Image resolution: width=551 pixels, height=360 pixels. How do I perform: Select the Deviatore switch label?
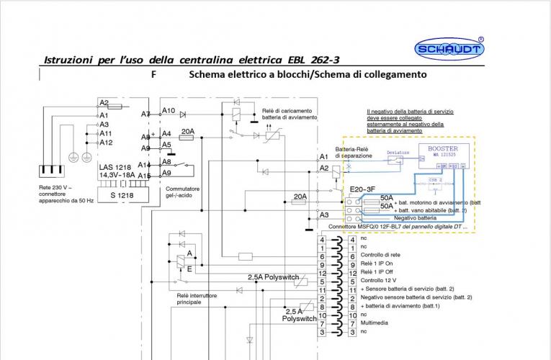(398, 153)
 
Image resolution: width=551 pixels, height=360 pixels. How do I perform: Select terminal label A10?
(169, 111)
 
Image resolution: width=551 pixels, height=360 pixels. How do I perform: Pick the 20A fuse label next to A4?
(187, 131)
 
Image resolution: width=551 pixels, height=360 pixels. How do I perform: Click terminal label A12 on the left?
(105, 143)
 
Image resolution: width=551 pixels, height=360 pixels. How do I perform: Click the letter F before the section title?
(154, 75)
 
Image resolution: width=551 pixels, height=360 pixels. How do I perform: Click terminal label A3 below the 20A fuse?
(323, 215)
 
